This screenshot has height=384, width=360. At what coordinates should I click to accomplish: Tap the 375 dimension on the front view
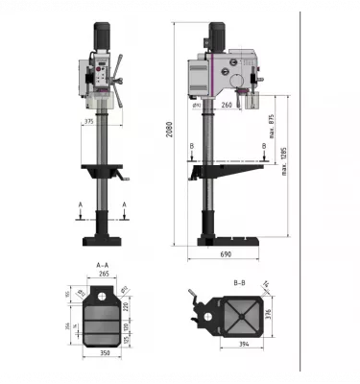(88, 122)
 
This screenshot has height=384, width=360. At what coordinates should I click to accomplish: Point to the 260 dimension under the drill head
(227, 104)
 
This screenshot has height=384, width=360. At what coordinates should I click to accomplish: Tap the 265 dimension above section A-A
(103, 274)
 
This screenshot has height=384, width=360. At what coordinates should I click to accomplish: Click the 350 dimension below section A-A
(103, 353)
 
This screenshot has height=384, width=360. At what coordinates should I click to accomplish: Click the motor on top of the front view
(102, 37)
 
